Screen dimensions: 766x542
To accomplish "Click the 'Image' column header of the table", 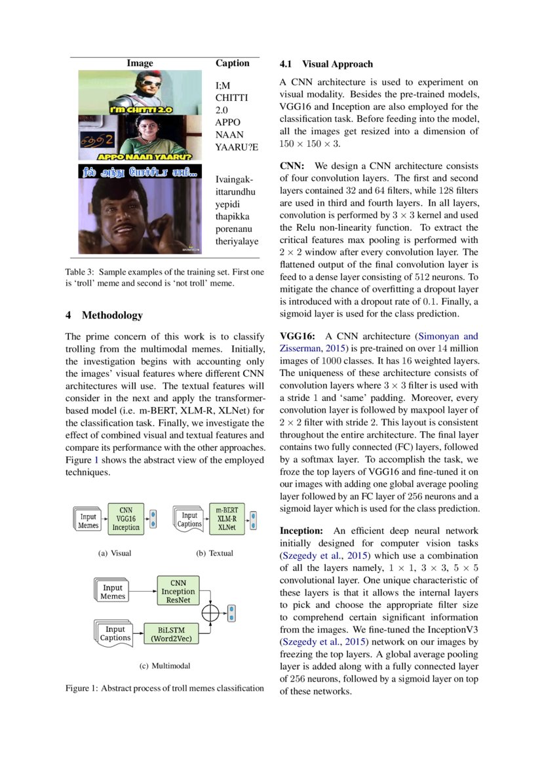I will [140, 64].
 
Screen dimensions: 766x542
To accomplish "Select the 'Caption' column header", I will [232, 64].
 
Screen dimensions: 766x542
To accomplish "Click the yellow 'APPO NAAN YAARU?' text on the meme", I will [144, 157].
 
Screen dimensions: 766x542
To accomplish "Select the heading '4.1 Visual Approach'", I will [326, 64].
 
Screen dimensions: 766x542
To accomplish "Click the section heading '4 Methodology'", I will [104, 315].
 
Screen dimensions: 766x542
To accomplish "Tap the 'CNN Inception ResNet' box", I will [178, 591].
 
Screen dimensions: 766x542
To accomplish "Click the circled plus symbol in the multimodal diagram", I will [210, 613].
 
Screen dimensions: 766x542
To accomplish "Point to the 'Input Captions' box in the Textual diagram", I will [189, 520].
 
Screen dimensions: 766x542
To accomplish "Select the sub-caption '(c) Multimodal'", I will [165, 666].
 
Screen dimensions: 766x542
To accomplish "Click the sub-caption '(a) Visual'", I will [114, 553].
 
